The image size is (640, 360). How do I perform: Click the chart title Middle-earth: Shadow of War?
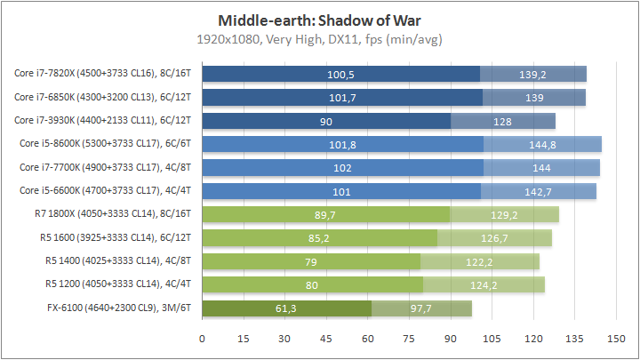click(319, 20)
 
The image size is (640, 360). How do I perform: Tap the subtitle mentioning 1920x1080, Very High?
click(319, 39)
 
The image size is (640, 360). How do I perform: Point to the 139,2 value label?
click(533, 75)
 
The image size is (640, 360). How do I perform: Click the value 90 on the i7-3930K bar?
click(327, 121)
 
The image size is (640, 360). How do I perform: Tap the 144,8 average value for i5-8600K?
click(542, 144)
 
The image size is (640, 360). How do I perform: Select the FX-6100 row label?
click(124, 308)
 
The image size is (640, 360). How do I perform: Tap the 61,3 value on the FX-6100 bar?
click(286, 308)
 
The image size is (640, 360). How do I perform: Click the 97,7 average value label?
click(420, 308)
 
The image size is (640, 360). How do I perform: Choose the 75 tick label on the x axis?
click(409, 339)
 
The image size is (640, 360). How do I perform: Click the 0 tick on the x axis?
click(203, 339)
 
